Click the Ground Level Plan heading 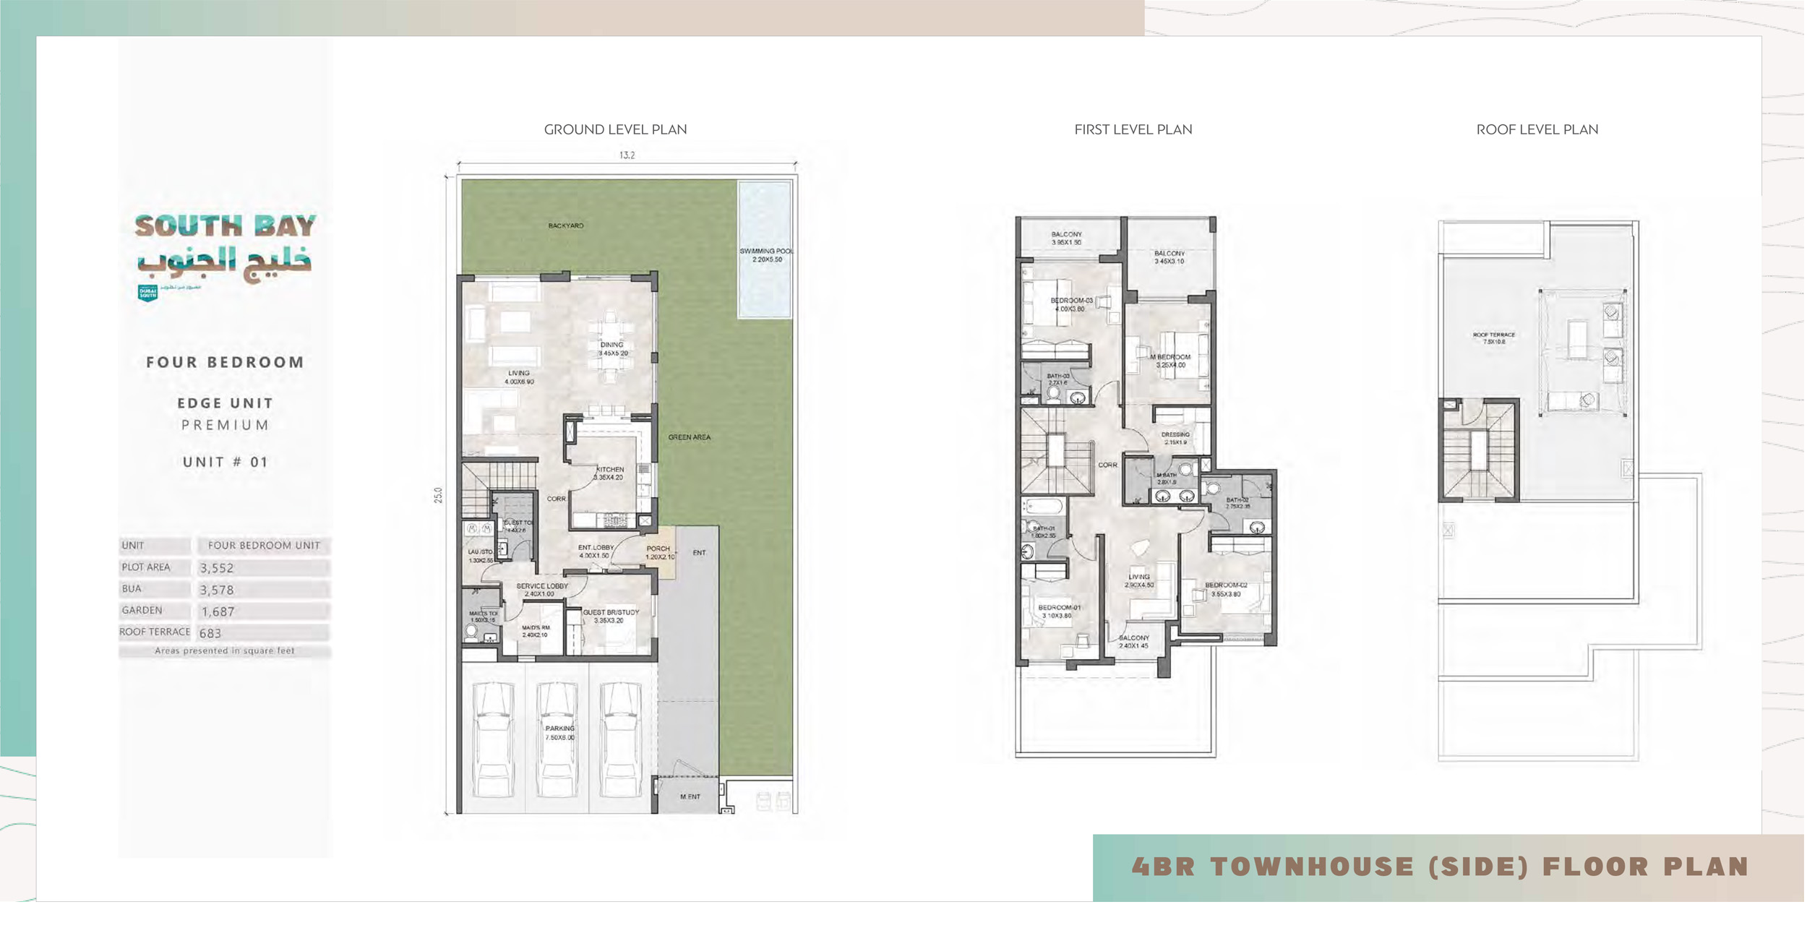coord(615,130)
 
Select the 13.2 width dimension coord(627,155)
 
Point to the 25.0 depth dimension coord(438,495)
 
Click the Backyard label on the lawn coord(566,226)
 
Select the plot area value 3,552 coord(217,568)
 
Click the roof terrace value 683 coord(210,633)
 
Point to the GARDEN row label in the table coord(142,611)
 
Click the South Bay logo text coord(225,226)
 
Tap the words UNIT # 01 coord(226,463)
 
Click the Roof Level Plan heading coord(1537,130)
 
